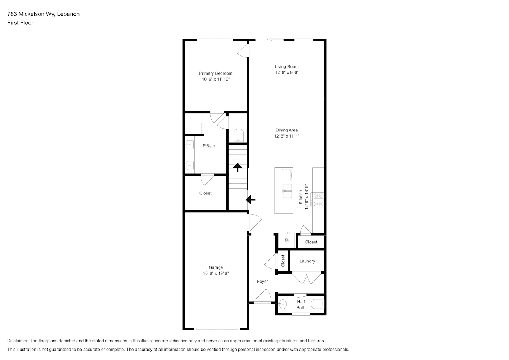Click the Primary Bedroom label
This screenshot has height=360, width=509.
216,73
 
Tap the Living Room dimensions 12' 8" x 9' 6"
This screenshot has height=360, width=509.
287,72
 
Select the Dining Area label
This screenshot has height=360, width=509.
287,130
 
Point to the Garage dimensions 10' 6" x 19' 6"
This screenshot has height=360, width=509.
216,273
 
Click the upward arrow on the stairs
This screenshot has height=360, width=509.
238,167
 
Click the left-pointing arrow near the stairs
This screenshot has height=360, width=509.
251,200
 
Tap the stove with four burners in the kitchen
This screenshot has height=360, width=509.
317,200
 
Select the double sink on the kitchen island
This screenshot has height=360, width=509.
288,191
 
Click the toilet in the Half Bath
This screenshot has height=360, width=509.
317,304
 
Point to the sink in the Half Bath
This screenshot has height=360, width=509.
283,304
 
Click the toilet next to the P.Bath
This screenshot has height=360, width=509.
239,135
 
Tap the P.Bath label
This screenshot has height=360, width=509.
209,146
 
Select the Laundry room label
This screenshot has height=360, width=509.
307,261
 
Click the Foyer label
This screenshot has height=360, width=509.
262,282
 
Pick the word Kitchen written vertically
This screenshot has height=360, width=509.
301,197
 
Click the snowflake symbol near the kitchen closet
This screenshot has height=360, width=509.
287,240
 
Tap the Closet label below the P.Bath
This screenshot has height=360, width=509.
206,193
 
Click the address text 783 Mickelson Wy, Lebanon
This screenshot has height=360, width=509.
44,14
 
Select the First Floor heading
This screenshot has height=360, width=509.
20,23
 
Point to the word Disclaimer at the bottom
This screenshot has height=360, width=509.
18,341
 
